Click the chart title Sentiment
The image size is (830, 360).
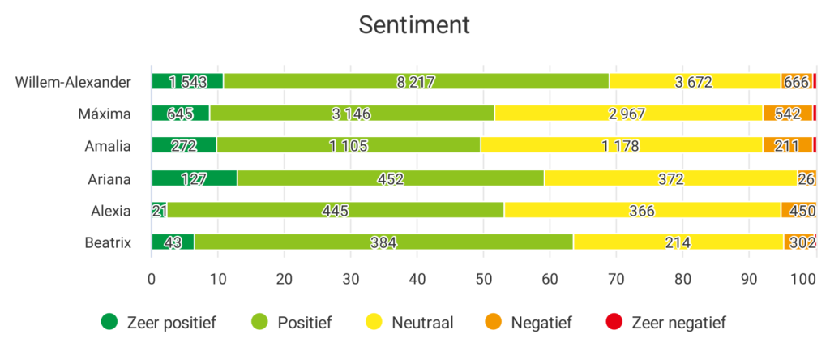click(414, 25)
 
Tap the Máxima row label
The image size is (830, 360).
click(108, 114)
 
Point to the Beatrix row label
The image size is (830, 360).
click(108, 242)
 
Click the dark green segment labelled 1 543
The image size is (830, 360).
click(187, 81)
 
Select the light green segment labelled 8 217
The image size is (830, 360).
click(416, 81)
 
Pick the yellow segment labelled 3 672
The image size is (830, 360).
click(695, 81)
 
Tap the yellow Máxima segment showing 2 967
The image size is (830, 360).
click(628, 114)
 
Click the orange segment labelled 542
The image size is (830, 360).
click(787, 114)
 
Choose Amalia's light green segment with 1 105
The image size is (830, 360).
click(349, 146)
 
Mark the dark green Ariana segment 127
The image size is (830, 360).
click(195, 178)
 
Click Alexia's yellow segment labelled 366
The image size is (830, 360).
click(642, 211)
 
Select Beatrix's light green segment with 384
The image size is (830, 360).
click(383, 242)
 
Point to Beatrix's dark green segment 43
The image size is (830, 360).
click(173, 242)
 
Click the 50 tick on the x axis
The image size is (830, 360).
click(483, 279)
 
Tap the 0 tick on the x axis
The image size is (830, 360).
click(152, 279)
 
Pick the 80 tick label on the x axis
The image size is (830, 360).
click(682, 279)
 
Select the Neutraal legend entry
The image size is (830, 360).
click(410, 322)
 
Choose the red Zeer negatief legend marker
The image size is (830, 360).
click(615, 322)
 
